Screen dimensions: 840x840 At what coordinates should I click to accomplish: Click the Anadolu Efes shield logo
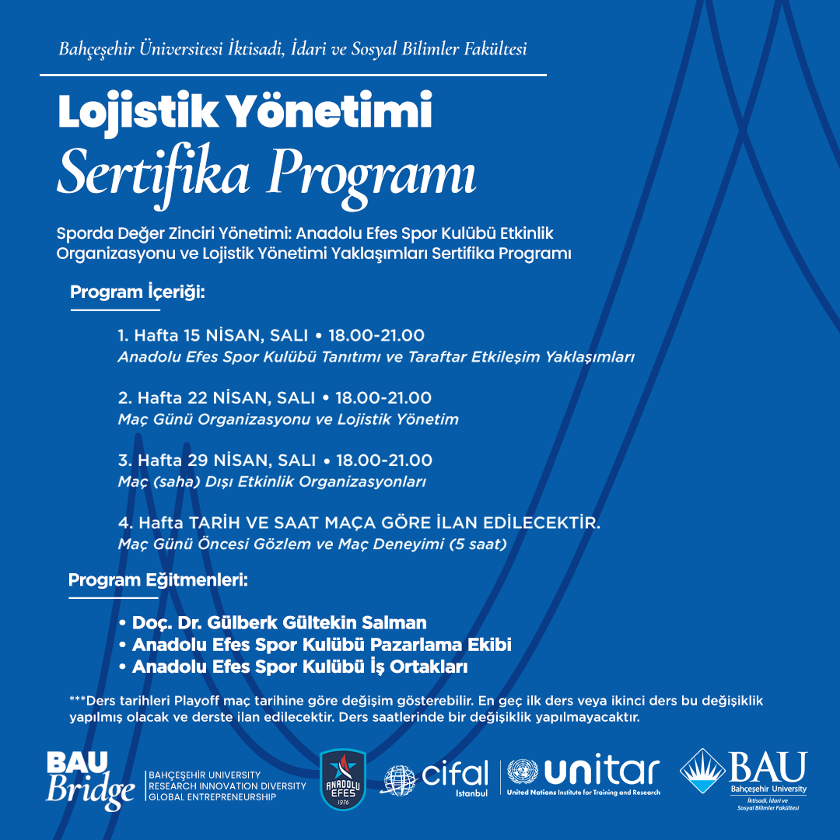343,779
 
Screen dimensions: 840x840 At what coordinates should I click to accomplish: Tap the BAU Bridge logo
90,780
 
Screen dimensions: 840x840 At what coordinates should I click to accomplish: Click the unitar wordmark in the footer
601,772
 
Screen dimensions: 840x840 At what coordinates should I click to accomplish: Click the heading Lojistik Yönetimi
245,113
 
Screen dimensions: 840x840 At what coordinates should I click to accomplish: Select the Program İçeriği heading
138,292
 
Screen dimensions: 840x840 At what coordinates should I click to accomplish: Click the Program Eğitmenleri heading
158,580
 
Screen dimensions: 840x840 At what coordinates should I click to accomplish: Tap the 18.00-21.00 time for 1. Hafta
376,336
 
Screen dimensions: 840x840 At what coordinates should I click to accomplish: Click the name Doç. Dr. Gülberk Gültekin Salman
279,623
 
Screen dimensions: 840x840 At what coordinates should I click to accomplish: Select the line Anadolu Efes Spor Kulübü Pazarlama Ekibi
321,645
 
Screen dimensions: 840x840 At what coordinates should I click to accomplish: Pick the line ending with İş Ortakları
299,667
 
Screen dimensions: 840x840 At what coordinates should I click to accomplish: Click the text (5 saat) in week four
478,544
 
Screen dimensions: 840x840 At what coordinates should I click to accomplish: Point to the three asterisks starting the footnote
77,700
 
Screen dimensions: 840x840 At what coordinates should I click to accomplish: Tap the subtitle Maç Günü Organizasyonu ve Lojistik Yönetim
288,419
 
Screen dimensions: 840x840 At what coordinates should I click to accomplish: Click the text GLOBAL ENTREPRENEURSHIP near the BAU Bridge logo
212,796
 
